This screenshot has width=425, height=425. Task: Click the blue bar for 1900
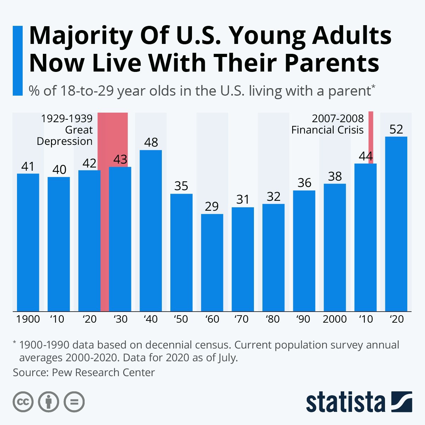coord(28,242)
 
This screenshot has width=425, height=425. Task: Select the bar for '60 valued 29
coord(212,262)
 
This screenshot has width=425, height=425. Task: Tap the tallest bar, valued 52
coord(396,224)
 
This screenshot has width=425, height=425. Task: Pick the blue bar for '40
coord(151,231)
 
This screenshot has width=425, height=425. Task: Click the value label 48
coord(151,142)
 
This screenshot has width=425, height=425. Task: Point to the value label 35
coord(181,186)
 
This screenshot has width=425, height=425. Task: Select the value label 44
coord(365,156)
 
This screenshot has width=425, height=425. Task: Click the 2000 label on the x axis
coord(335,319)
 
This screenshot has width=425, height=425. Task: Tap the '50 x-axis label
coord(181,319)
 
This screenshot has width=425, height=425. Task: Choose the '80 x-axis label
coord(273,319)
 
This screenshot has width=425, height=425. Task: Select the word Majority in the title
coord(81,36)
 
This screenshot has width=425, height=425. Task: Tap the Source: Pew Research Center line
coord(84,373)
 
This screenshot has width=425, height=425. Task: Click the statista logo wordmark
coord(346,402)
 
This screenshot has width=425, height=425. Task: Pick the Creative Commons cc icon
coord(23,402)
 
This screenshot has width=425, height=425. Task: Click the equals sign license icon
coord(74,402)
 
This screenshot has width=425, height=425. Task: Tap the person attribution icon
coord(49,402)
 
